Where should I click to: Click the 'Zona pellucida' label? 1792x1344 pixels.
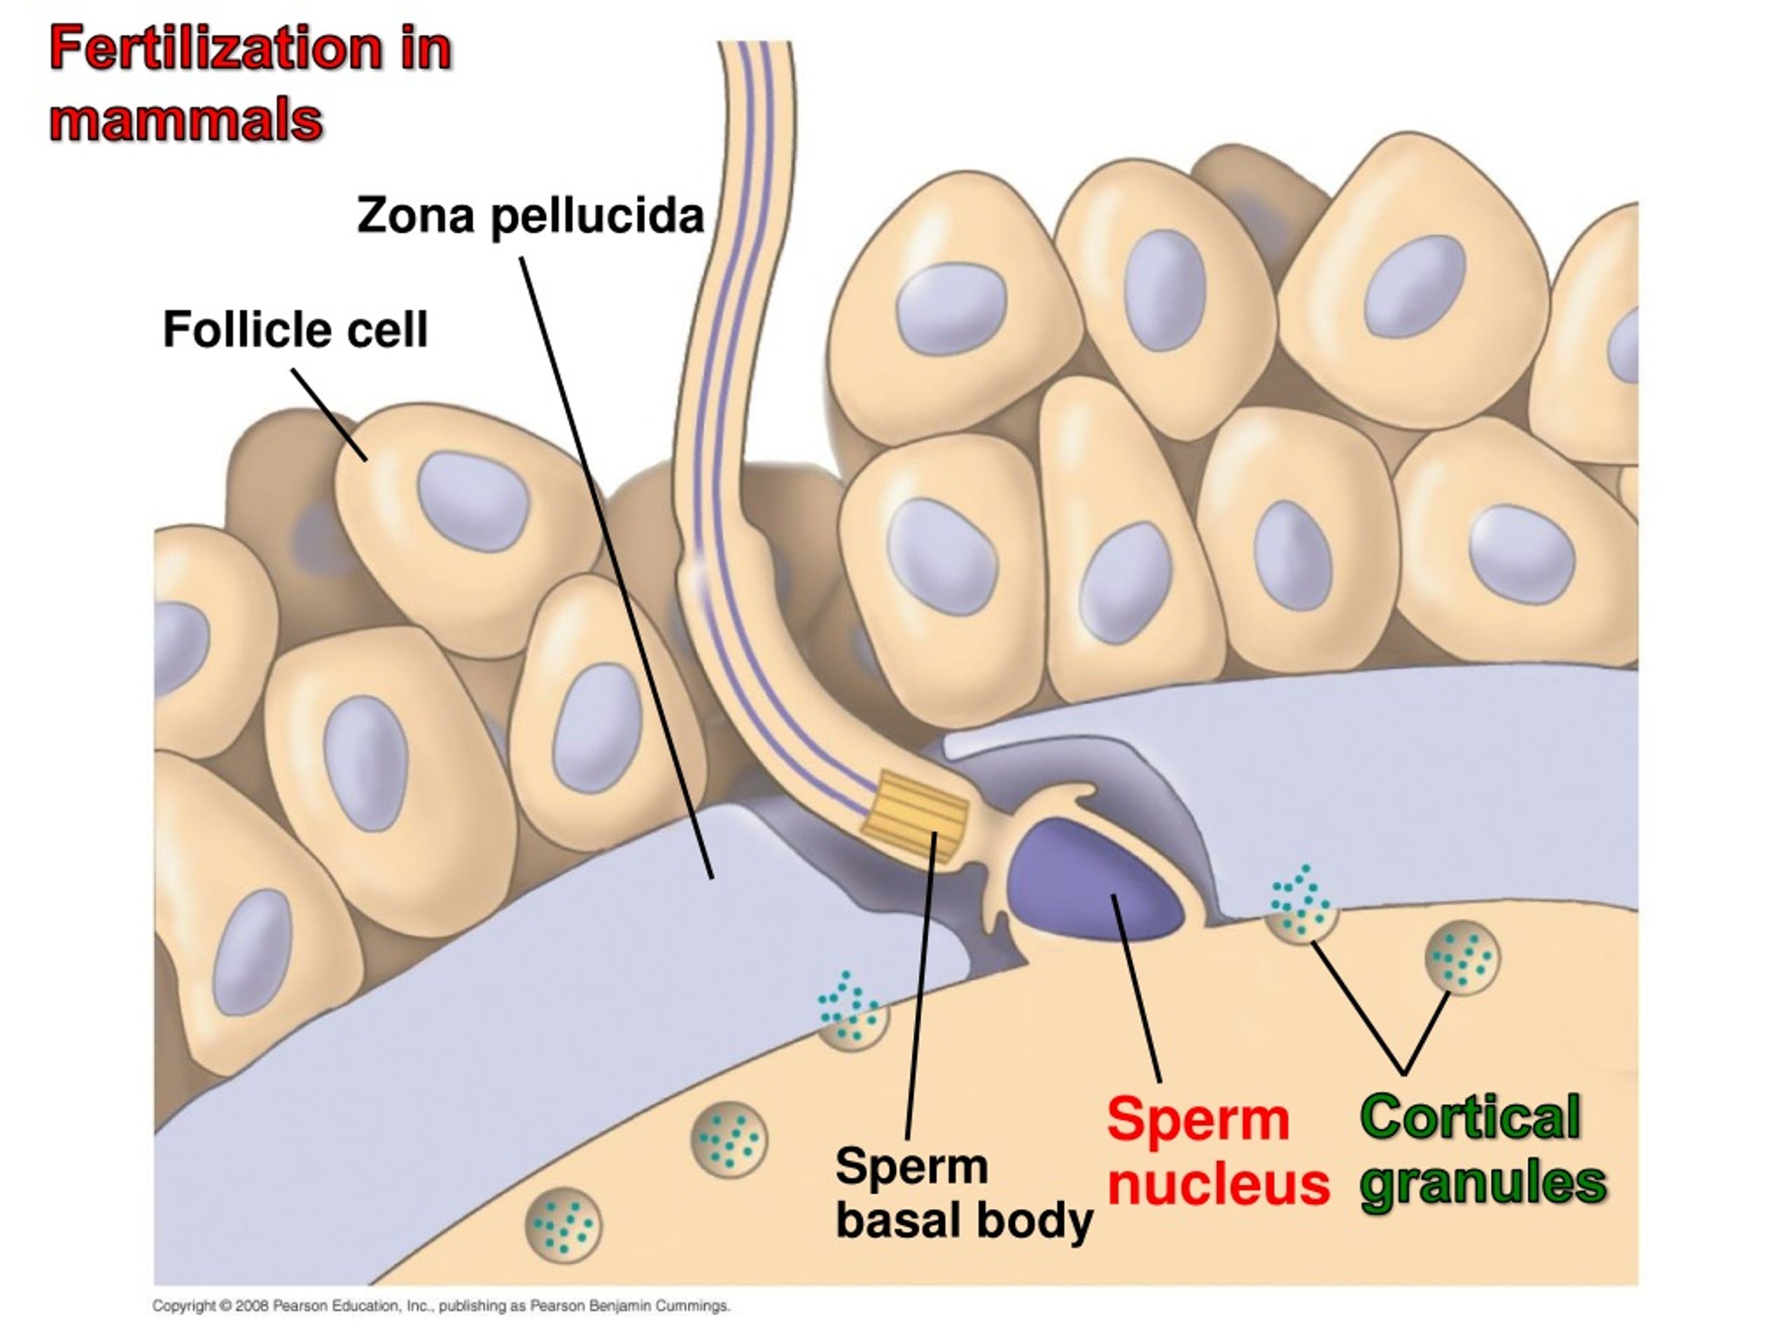(x=531, y=217)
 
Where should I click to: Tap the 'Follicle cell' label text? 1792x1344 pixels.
(x=295, y=330)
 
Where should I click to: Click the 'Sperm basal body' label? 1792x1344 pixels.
(x=964, y=1193)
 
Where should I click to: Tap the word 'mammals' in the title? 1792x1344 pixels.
(x=186, y=122)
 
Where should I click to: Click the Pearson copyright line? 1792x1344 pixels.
(x=442, y=1306)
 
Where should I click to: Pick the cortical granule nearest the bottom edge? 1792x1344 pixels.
(x=563, y=1224)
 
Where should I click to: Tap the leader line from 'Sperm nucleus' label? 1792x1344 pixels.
(x=1136, y=988)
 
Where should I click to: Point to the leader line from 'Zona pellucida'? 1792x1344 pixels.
(x=617, y=568)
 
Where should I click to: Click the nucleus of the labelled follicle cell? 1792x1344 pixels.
(x=473, y=501)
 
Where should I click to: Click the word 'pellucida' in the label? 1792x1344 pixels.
(x=598, y=217)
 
